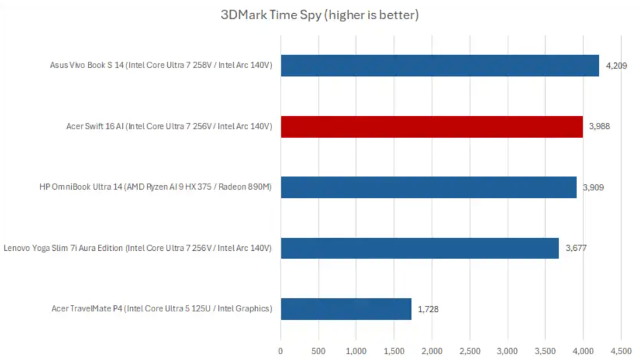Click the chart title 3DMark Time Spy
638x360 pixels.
[319, 15]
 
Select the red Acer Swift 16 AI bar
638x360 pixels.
[432, 126]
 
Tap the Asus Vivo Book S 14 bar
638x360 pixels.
[440, 66]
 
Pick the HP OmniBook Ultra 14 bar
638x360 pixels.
[428, 187]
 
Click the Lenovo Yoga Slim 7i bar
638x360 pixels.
[420, 248]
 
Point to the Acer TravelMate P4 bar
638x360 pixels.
[346, 309]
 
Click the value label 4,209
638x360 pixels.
[618, 66]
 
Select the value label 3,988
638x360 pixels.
[599, 126]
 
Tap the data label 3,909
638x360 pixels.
[593, 187]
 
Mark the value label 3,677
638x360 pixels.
[576, 248]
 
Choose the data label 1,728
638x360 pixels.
[428, 309]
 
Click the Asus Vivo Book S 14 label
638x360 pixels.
[162, 66]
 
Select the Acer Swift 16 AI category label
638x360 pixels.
[169, 126]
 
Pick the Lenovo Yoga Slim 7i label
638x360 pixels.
[138, 248]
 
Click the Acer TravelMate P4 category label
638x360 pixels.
[162, 309]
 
